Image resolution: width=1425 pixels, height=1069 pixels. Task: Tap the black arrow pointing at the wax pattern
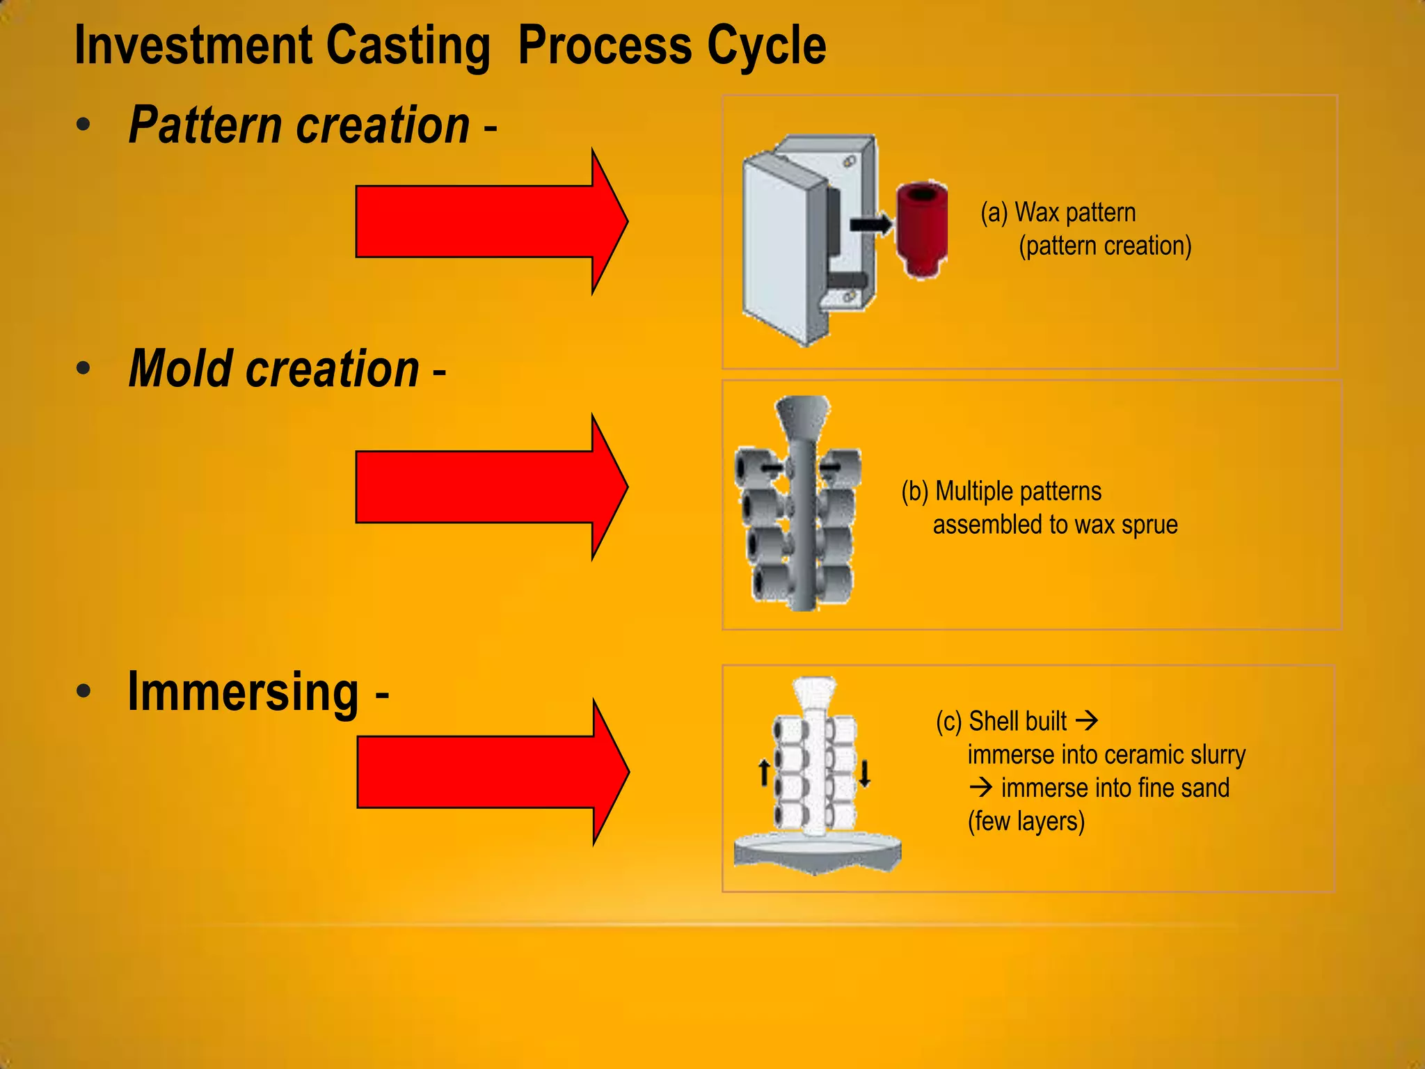click(870, 224)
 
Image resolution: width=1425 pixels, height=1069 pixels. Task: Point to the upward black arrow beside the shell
click(764, 773)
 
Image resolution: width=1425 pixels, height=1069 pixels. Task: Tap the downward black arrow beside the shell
click(864, 773)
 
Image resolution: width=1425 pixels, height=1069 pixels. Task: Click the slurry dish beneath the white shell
click(818, 853)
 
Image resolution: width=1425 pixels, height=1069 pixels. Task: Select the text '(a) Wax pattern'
click(1058, 212)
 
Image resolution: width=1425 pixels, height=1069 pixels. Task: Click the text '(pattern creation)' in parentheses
click(1105, 246)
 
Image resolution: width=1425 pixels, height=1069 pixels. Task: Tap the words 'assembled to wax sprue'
click(1055, 525)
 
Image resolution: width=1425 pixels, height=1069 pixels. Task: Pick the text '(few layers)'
click(1026, 821)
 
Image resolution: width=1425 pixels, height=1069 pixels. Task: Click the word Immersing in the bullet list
click(244, 692)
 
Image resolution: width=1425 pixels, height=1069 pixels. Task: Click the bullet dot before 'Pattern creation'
click(83, 125)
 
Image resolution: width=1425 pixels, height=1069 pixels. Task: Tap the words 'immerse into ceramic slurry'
click(1106, 754)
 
